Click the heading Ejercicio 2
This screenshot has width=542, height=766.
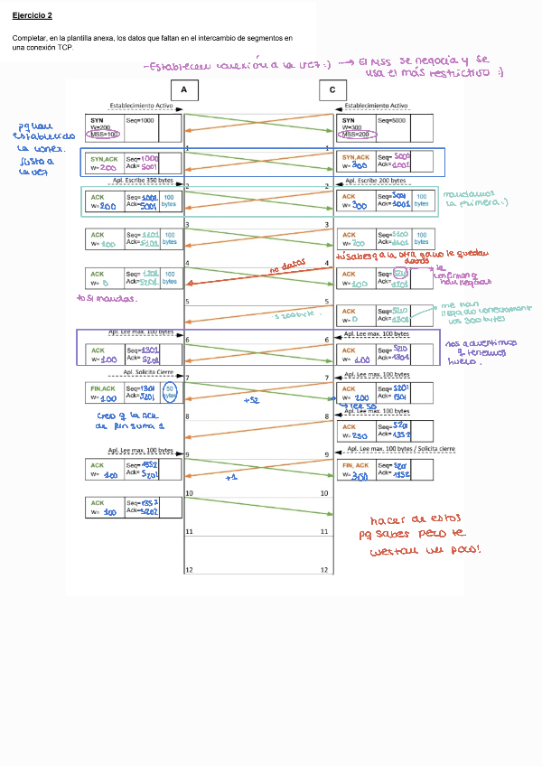[33, 15]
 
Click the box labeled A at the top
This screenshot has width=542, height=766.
[183, 90]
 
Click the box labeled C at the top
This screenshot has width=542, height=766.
[332, 90]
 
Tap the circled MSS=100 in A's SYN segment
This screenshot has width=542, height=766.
[106, 135]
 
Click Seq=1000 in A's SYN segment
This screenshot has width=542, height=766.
[141, 119]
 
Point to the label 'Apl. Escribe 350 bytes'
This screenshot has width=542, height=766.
[143, 181]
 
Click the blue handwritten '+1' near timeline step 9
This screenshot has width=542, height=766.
[230, 476]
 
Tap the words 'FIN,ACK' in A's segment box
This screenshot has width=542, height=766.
[104, 387]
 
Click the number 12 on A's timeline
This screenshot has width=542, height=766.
[189, 571]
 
